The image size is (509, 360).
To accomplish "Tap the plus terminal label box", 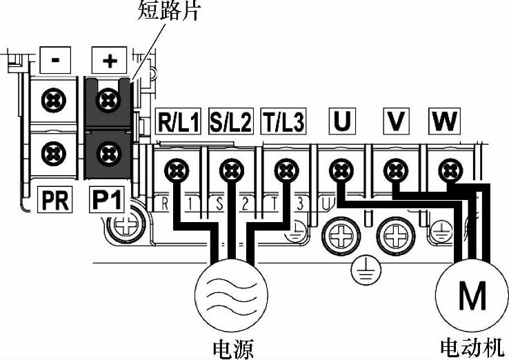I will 109,61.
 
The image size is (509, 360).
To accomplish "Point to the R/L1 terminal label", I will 179,123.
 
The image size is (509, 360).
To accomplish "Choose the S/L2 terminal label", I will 230,123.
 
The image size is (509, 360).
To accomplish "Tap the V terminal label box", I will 395,122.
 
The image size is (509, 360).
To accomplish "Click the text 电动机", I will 472,346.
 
